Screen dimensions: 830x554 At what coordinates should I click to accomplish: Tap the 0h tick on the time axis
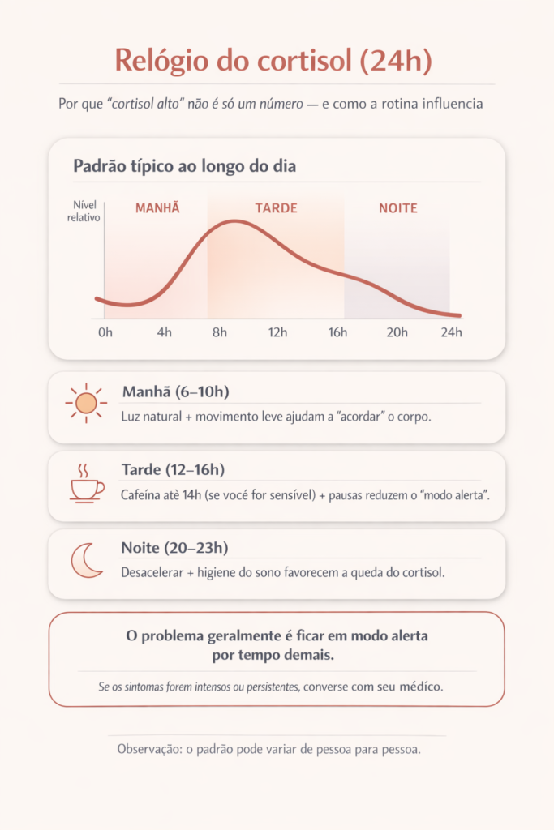(105, 332)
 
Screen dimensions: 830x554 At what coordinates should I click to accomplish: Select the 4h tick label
(165, 332)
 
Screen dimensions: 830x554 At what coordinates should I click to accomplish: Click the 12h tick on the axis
(279, 332)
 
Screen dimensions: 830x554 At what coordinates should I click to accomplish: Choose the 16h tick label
(337, 332)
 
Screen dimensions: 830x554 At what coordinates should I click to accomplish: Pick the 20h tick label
(396, 332)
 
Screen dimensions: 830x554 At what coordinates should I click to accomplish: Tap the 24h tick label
(451, 332)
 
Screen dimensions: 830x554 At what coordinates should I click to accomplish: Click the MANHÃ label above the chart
(157, 208)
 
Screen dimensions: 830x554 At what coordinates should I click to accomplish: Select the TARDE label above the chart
(276, 208)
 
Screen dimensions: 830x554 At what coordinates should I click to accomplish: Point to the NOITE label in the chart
(398, 208)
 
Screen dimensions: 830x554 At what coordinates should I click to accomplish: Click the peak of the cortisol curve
(235, 220)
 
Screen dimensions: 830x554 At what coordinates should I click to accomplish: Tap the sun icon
(85, 403)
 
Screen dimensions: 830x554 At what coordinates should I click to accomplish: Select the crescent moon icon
(86, 561)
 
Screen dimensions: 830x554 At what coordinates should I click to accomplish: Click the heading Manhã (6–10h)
(175, 392)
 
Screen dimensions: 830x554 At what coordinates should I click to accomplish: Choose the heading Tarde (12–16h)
(173, 469)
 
